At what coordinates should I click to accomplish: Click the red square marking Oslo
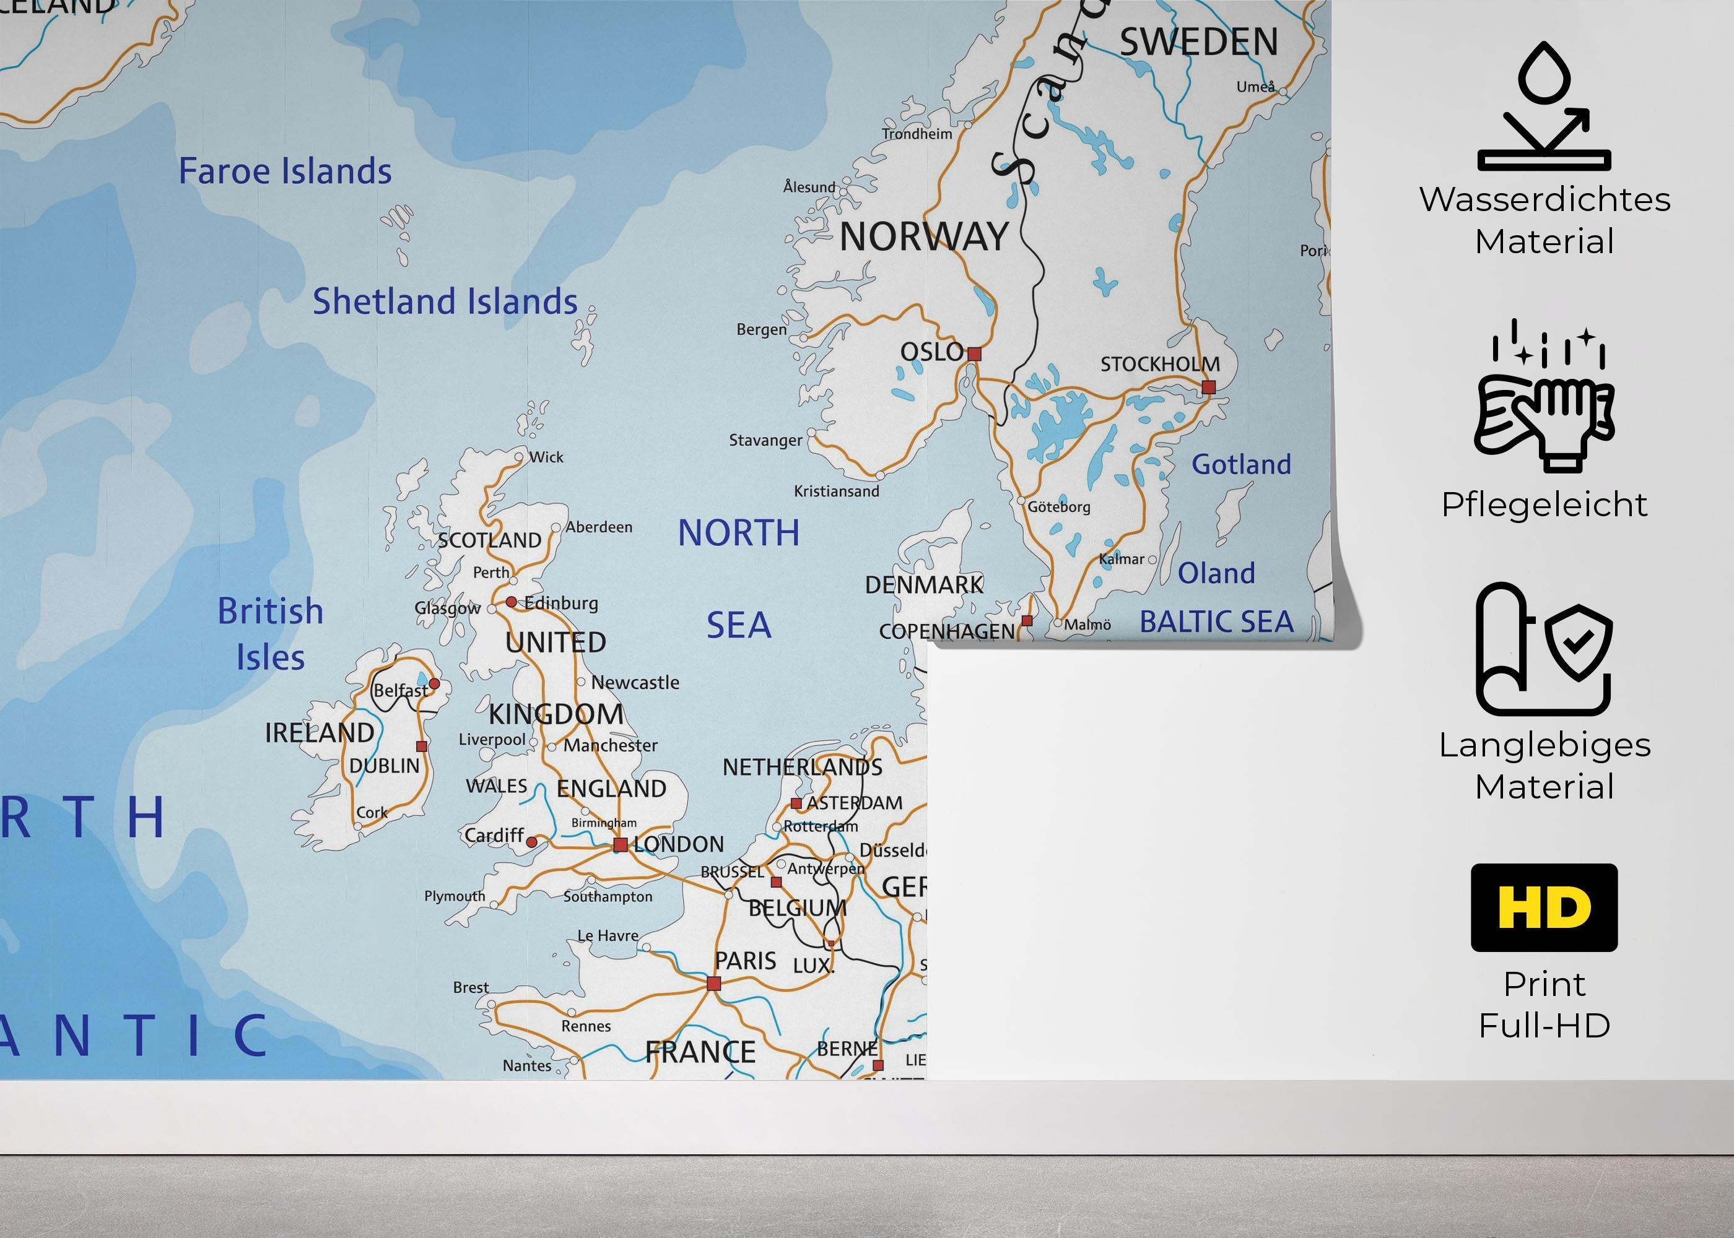[x=974, y=353]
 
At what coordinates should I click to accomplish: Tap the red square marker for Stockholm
[x=1208, y=387]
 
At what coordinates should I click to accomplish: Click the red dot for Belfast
[x=434, y=683]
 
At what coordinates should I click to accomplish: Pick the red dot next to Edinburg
[x=511, y=602]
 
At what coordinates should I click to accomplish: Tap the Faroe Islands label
[x=285, y=171]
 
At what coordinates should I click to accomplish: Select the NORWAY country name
[x=924, y=237]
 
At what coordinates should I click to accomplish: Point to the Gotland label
[x=1242, y=464]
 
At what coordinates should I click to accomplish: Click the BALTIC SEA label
[x=1217, y=622]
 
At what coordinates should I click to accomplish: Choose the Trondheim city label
[x=917, y=134]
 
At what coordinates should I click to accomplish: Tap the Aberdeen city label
[x=599, y=527]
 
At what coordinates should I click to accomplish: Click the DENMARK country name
[x=924, y=585]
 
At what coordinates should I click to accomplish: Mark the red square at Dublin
[x=422, y=747]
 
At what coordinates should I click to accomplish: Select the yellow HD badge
[x=1544, y=907]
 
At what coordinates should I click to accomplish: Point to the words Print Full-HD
[x=1544, y=1005]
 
